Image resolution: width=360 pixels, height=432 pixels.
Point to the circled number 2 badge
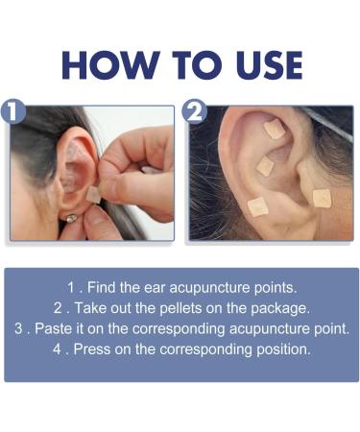point(194,111)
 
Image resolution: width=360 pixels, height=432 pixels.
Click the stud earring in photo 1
point(69,218)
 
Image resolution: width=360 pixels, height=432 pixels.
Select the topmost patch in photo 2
point(274,130)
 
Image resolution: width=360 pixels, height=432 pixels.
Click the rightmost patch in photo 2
point(322,199)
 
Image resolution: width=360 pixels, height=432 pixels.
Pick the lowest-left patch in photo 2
point(257,205)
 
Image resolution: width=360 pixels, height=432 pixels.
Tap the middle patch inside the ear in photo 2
point(265,166)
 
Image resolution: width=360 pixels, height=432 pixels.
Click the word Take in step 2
point(98,308)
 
